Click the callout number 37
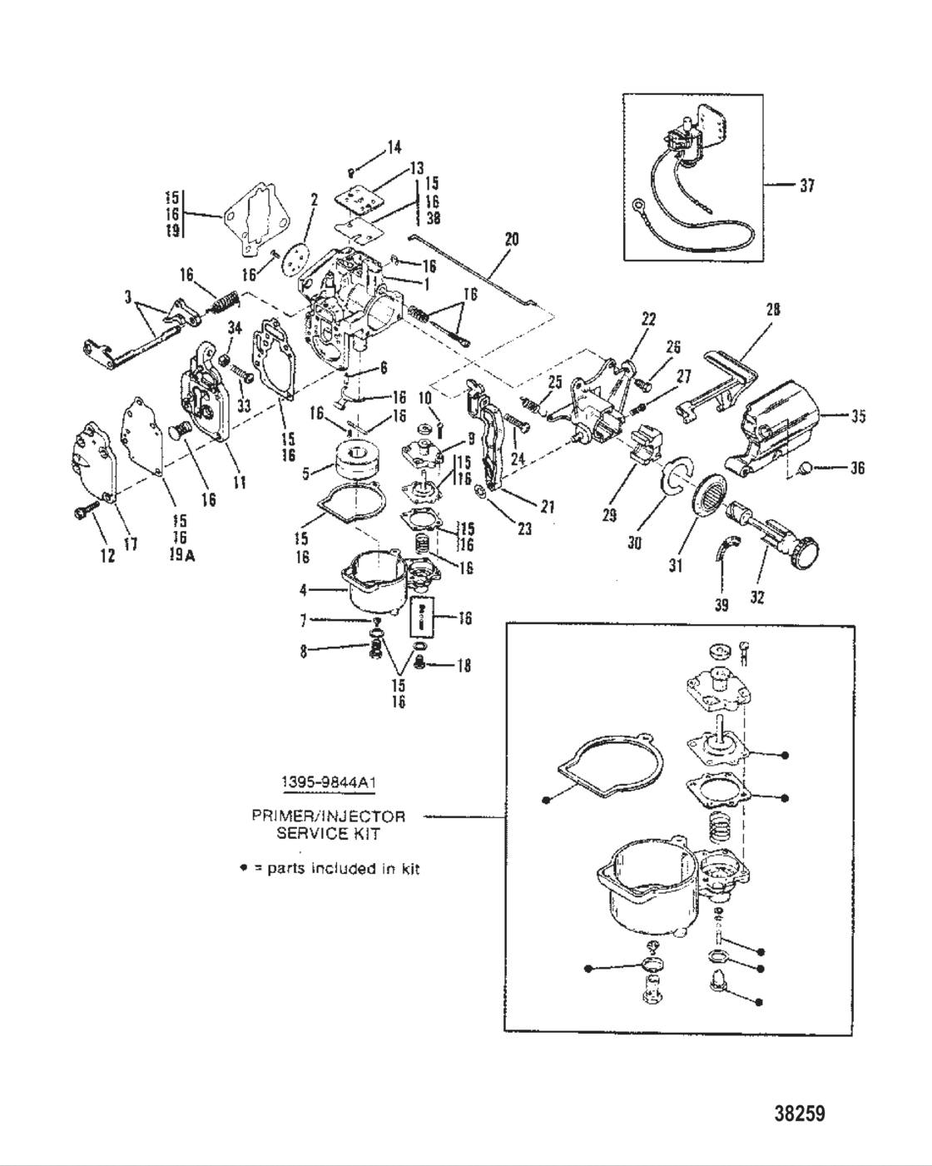[806, 186]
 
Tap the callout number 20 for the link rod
[511, 239]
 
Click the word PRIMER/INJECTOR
[328, 816]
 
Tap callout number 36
[856, 468]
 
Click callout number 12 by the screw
[107, 557]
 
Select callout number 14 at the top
[394, 147]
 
